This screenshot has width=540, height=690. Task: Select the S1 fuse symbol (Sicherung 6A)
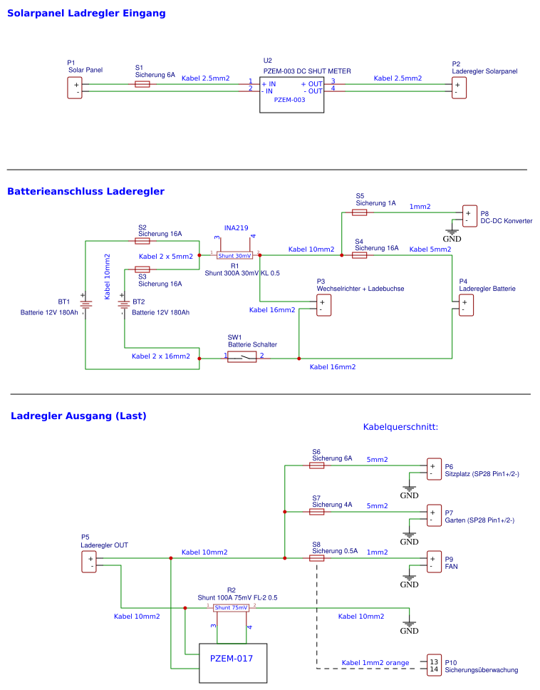coord(142,84)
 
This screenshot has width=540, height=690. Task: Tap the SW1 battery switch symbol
coord(242,356)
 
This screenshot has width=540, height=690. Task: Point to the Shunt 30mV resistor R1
coord(234,254)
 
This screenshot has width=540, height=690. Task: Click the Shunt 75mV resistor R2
coord(231,607)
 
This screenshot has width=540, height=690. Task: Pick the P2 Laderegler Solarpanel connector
coord(459,88)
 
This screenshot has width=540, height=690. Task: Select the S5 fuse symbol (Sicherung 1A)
coord(360,212)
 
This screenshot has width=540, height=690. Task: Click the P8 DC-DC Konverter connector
coord(469,215)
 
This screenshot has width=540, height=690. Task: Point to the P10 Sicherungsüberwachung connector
coord(434,664)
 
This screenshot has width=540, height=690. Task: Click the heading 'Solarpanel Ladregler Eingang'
coord(86,14)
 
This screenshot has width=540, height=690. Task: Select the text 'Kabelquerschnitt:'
coord(400,427)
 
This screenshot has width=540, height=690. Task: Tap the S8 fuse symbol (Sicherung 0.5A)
coord(317,558)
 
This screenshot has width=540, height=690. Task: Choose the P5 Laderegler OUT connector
coord(90,562)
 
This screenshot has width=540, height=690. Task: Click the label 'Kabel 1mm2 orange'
coord(375,663)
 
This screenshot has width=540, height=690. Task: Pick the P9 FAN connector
coord(434,562)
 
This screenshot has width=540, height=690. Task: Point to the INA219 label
coord(236,228)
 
